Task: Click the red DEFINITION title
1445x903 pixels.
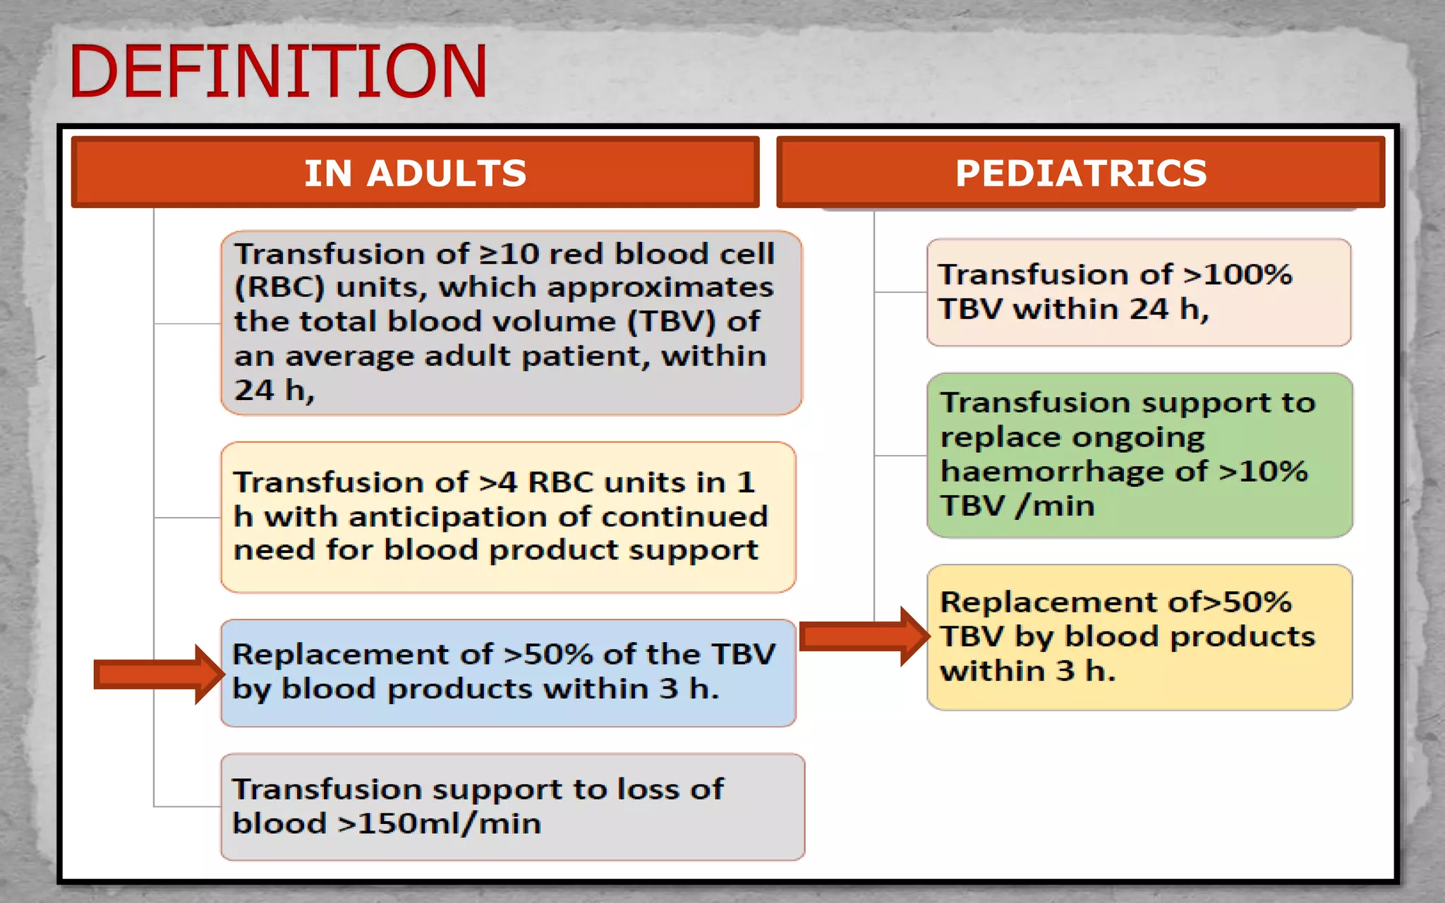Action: (x=277, y=71)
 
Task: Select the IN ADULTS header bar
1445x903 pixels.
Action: (x=415, y=173)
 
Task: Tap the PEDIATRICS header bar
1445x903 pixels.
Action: (x=1080, y=173)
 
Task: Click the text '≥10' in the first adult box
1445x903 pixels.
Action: (x=509, y=254)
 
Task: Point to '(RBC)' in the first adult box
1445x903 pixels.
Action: (x=279, y=288)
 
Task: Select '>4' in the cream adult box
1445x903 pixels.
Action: (x=497, y=483)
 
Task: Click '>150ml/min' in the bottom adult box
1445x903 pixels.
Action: (x=439, y=824)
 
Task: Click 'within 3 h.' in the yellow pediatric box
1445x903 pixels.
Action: (x=1027, y=671)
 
